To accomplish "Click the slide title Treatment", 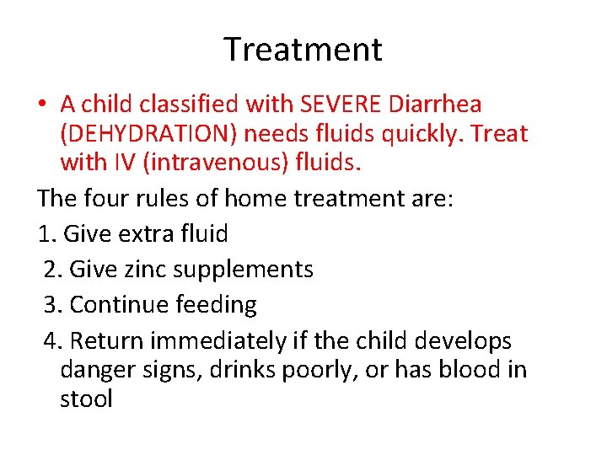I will click(x=303, y=50).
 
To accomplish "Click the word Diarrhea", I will click(x=437, y=104).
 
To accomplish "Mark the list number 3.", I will click(x=51, y=305).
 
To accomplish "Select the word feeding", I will click(x=215, y=305).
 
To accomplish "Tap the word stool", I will click(x=86, y=399).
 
